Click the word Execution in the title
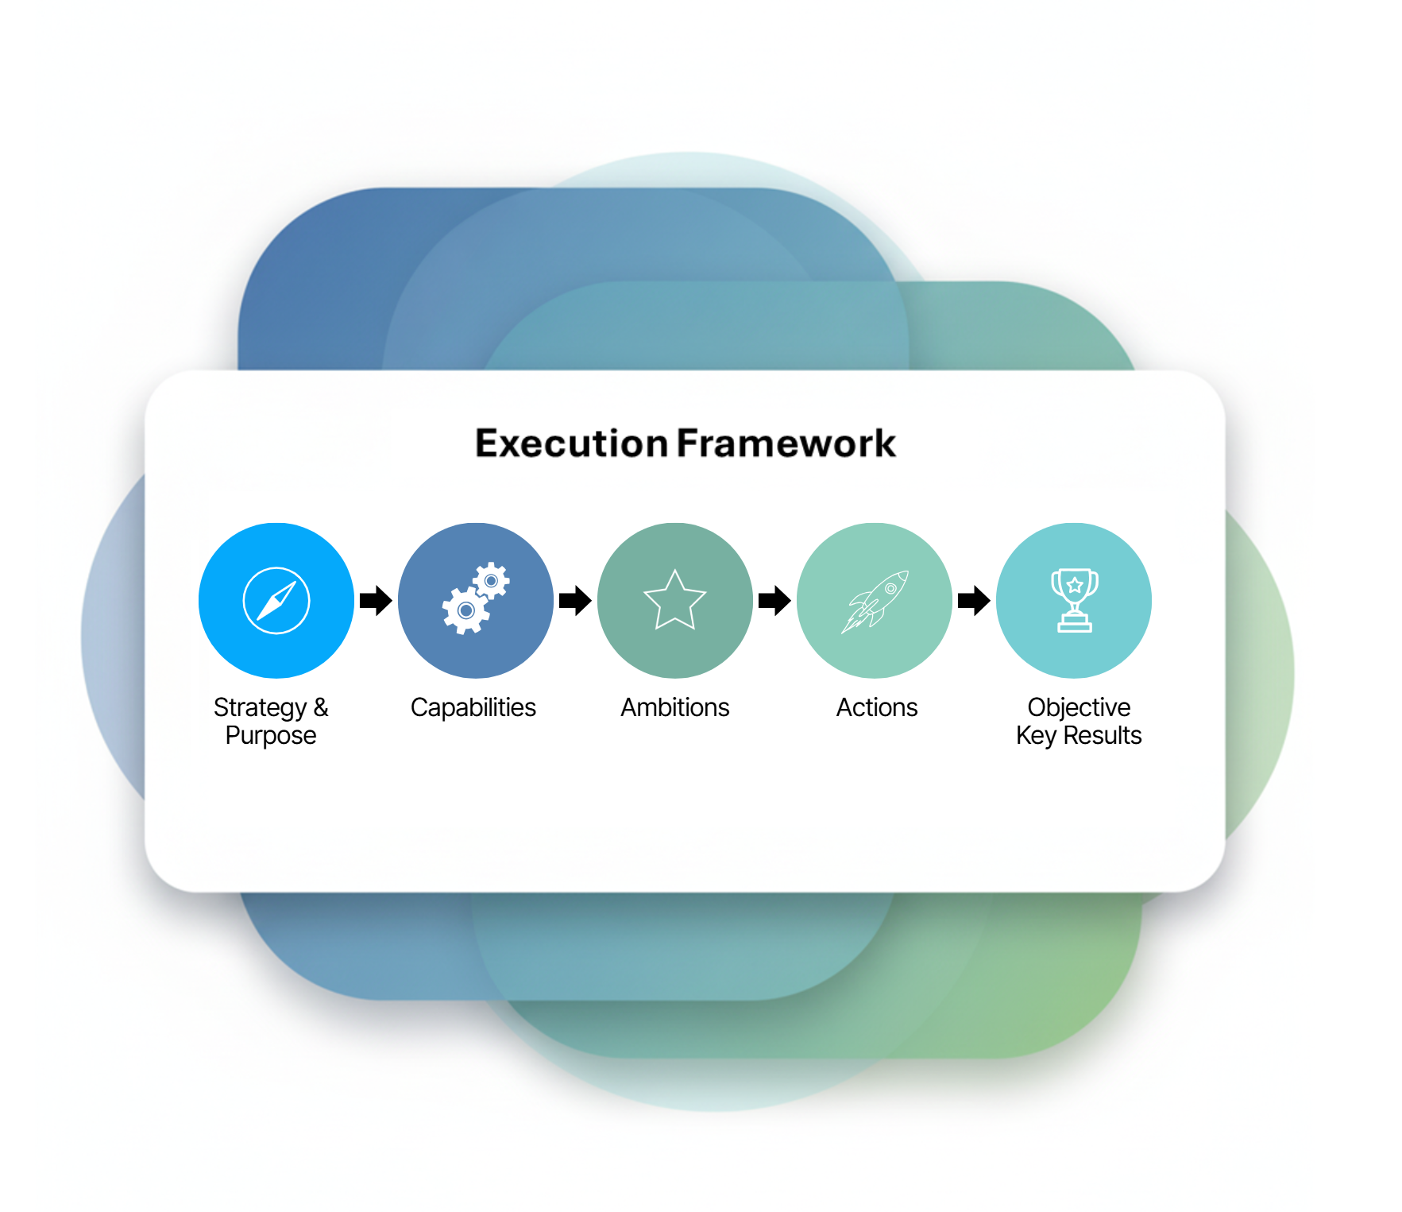pos(571,443)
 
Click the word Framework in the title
pos(786,443)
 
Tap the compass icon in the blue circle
pos(276,600)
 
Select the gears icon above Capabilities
pos(476,598)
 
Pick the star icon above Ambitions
pos(675,600)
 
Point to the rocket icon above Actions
pos(875,602)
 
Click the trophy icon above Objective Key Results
pos(1075,600)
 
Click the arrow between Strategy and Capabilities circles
pos(376,601)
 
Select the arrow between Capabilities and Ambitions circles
pos(575,601)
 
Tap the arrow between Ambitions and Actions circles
pos(774,601)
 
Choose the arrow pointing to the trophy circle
pos(974,601)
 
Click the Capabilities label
pos(473,707)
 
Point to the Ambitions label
pos(675,707)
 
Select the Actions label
pos(877,707)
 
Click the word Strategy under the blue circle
pos(260,708)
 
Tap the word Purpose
pos(271,736)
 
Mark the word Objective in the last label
pos(1079,707)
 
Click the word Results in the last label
pos(1103,735)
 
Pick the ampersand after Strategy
pos(321,707)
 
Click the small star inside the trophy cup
pos(1075,586)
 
